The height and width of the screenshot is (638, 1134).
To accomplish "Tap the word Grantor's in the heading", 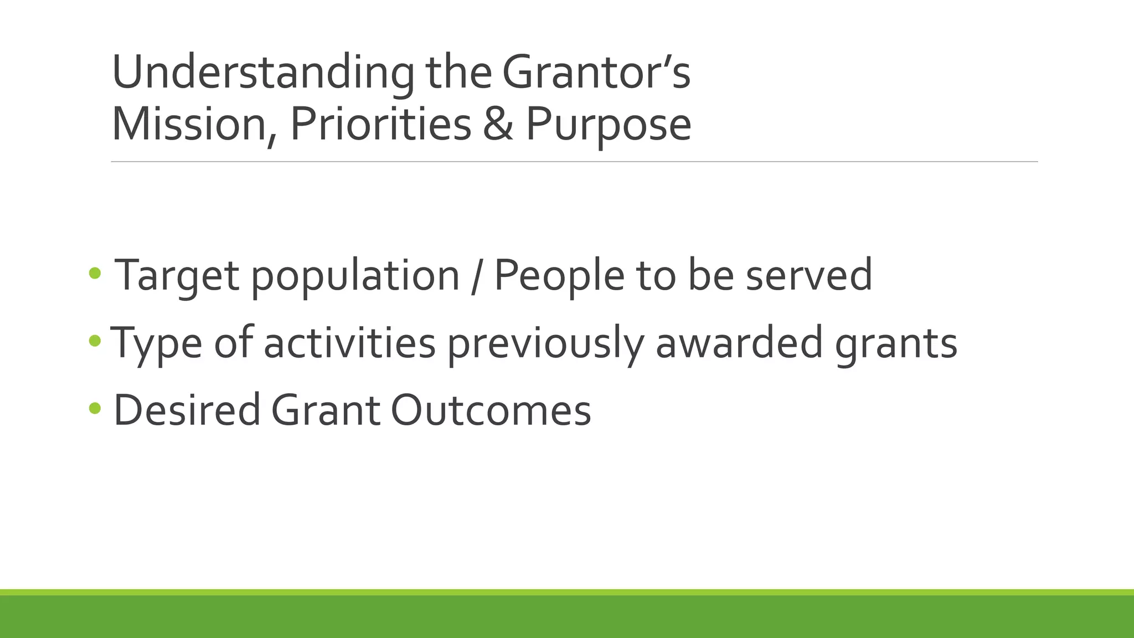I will point(596,74).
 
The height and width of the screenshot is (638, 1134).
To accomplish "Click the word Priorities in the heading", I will point(380,125).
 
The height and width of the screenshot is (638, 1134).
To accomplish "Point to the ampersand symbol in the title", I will point(498,125).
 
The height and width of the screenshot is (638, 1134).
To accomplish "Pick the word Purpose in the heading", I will point(608,125).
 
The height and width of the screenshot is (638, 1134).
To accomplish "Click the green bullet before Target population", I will point(95,272).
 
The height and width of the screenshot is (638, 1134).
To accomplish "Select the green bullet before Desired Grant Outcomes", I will point(95,409).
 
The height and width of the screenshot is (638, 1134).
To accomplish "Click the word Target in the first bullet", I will point(176,276).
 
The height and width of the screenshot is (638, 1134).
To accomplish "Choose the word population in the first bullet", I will point(355,276).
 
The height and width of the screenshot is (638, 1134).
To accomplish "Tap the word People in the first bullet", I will point(559,276).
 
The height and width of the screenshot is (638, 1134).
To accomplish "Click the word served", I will point(808,276).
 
